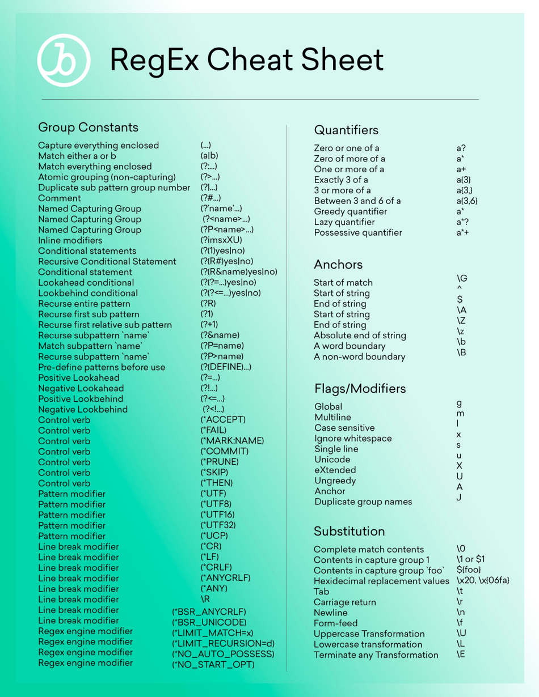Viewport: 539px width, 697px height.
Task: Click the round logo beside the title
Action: (x=63, y=61)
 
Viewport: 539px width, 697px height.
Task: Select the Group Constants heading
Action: (x=88, y=127)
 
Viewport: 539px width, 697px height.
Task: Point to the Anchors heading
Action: (x=338, y=264)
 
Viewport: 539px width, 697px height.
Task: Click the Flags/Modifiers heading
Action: (x=360, y=388)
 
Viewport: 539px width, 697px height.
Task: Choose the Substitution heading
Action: (x=349, y=531)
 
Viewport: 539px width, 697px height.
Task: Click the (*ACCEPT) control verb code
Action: (x=223, y=419)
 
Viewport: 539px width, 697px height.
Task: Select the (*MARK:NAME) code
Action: (x=232, y=440)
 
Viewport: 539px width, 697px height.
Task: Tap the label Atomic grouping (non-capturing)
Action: (x=107, y=177)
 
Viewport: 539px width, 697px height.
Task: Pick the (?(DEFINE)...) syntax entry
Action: (x=226, y=367)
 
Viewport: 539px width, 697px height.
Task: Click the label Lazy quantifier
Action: (x=344, y=222)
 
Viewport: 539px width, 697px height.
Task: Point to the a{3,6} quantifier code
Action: (x=466, y=201)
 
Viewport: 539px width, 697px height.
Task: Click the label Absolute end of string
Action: (x=360, y=335)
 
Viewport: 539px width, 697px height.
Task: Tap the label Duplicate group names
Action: (x=363, y=501)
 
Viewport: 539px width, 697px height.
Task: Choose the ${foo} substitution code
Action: (x=468, y=569)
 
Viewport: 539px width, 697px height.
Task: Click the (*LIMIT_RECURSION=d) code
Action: (x=223, y=643)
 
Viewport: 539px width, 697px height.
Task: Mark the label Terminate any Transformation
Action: (x=376, y=655)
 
